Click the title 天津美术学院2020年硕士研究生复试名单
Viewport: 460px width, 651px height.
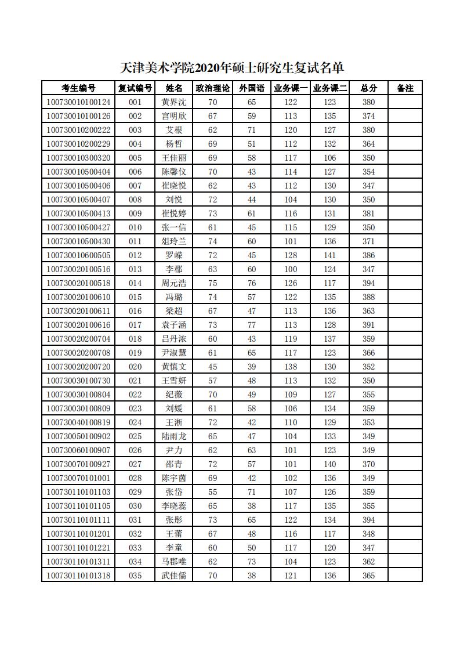(x=232, y=68)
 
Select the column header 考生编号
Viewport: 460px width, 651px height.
(x=78, y=88)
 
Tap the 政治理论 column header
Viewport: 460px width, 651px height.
(x=212, y=88)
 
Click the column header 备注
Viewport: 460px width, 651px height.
(x=405, y=88)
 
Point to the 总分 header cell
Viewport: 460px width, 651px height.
(x=368, y=88)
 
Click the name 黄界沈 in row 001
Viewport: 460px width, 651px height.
(x=174, y=102)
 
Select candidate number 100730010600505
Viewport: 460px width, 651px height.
(x=78, y=255)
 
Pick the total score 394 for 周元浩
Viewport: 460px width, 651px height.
(x=368, y=283)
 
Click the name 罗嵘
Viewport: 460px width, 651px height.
(x=174, y=255)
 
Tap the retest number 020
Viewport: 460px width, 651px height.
(x=135, y=367)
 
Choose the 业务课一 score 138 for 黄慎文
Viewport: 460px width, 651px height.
(x=291, y=367)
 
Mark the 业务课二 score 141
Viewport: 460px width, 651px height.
(x=330, y=255)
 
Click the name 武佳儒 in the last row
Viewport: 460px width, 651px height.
(x=174, y=576)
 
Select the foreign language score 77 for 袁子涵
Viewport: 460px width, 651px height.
(x=252, y=325)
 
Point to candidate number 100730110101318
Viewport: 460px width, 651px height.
(x=78, y=576)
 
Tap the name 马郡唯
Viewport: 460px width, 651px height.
(x=174, y=562)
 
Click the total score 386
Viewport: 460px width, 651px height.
(x=368, y=255)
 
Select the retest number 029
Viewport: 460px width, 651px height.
(x=135, y=492)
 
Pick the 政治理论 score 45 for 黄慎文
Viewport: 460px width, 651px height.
(x=212, y=367)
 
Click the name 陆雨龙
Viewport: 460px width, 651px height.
(x=174, y=436)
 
